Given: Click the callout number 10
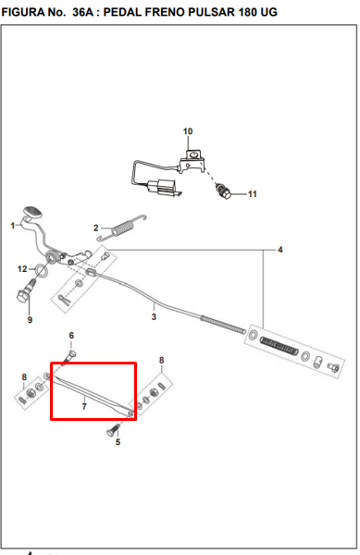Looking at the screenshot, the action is [x=188, y=131].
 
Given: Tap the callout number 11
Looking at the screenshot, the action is [x=252, y=194].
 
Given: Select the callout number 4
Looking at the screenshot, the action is [x=280, y=250].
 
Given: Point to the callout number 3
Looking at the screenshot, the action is [x=154, y=316].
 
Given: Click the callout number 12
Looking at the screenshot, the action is [x=22, y=269].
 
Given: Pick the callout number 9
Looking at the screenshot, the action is [x=30, y=320].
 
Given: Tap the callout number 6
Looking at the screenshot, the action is [x=71, y=335].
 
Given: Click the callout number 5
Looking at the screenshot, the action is [x=118, y=442].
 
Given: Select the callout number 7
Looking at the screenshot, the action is [x=84, y=406].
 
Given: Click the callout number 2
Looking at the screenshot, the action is [x=96, y=228].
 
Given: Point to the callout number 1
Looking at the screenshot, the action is [x=13, y=226].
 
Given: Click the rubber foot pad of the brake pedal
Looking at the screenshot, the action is [x=32, y=212].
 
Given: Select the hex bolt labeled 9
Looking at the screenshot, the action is [x=26, y=291].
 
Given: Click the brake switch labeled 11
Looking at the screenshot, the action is [x=224, y=191].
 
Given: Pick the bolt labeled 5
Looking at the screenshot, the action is [x=113, y=429].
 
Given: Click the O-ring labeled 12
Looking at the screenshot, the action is [x=42, y=270].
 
